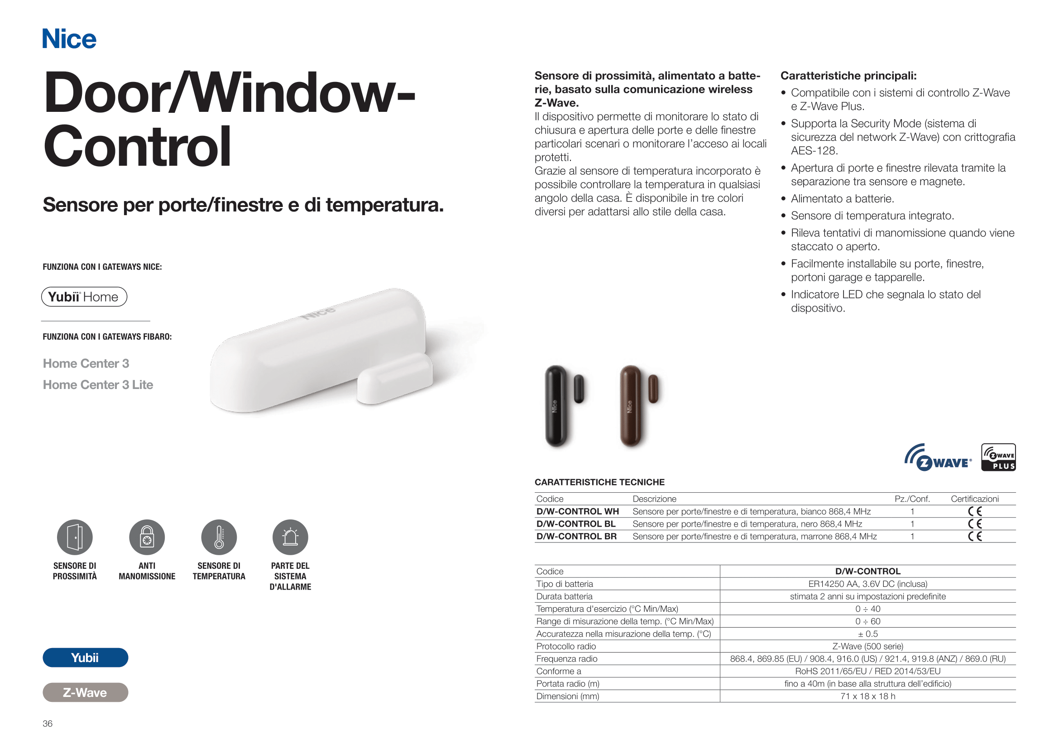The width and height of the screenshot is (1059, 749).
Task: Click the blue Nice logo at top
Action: click(69, 39)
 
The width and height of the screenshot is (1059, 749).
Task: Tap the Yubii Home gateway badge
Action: click(84, 297)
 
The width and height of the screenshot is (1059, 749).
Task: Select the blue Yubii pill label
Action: click(85, 658)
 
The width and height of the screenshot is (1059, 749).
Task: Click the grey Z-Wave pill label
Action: click(85, 693)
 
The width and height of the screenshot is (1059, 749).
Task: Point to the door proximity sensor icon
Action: click(75, 538)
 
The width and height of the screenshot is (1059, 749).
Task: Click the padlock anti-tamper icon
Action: click(147, 538)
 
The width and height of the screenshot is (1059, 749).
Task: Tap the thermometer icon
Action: click(219, 538)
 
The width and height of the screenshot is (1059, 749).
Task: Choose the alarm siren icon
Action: click(290, 538)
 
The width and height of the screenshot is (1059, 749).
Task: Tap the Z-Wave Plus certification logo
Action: click(998, 457)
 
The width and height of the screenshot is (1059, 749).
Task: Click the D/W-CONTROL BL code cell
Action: click(576, 524)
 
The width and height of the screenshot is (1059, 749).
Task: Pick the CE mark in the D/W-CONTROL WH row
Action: click(975, 511)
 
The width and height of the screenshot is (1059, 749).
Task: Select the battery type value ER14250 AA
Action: click(867, 584)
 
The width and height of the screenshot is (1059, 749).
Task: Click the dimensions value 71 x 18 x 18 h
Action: click(867, 696)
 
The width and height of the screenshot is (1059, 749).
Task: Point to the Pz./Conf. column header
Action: click(912, 499)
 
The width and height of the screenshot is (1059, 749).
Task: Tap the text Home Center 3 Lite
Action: click(98, 384)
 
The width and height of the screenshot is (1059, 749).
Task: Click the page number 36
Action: click(48, 724)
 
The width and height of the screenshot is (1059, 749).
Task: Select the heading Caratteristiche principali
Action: click(848, 76)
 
